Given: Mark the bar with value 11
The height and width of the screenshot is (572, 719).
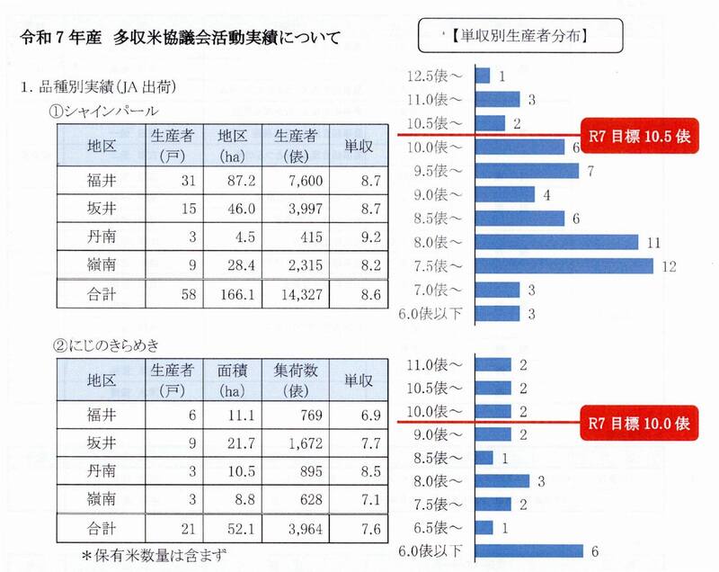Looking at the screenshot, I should point(555,241).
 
